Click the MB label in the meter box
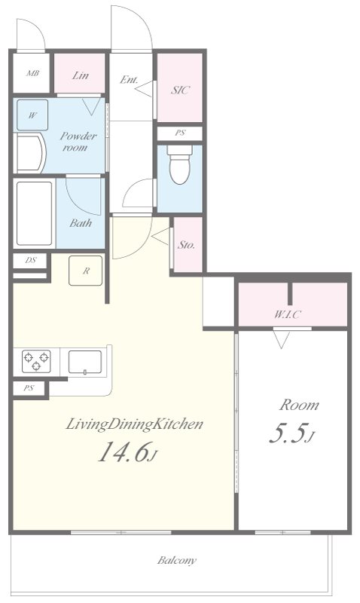coord(32,73)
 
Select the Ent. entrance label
coord(129,80)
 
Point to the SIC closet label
coord(180,90)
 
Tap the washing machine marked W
coord(32,115)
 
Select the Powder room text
coord(78,142)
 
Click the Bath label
coord(81,222)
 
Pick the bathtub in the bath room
coord(34,213)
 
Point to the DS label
coord(31,260)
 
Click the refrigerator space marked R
coord(86,271)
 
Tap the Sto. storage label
coord(186,244)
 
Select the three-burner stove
coord(36,361)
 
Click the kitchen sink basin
coord(85,362)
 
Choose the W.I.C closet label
coord(287,314)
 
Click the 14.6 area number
coord(124,451)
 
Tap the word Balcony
coord(177,560)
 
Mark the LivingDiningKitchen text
coord(135,424)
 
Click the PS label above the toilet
coord(180,133)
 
